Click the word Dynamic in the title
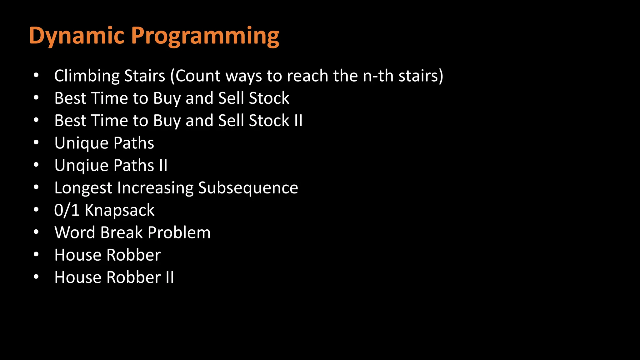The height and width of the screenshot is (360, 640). (77, 36)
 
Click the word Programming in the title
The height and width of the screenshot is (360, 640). (207, 36)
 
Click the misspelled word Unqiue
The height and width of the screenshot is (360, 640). (81, 166)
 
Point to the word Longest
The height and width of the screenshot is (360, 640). (83, 188)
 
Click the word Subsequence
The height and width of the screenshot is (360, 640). (248, 188)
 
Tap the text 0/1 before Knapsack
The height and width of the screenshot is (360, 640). (67, 210)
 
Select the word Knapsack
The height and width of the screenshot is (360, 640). (120, 210)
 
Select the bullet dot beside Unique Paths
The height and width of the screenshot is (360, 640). (36, 143)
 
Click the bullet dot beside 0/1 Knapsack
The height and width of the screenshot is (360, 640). (36, 210)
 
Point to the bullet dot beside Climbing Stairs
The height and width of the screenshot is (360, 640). (36, 76)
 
